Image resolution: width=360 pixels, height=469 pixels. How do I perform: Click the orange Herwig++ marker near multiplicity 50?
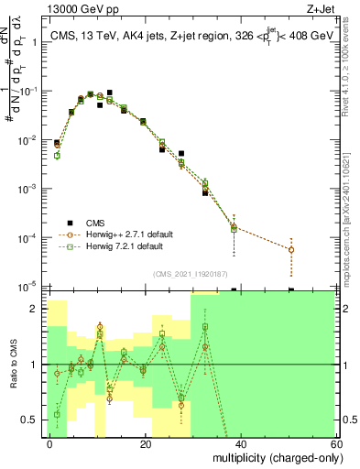coord(291,249)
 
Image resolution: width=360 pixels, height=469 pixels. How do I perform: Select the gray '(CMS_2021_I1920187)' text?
coord(191,273)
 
